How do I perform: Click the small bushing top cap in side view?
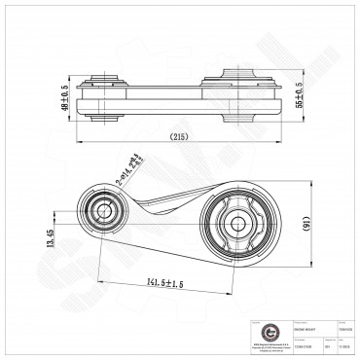pos(105,73)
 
